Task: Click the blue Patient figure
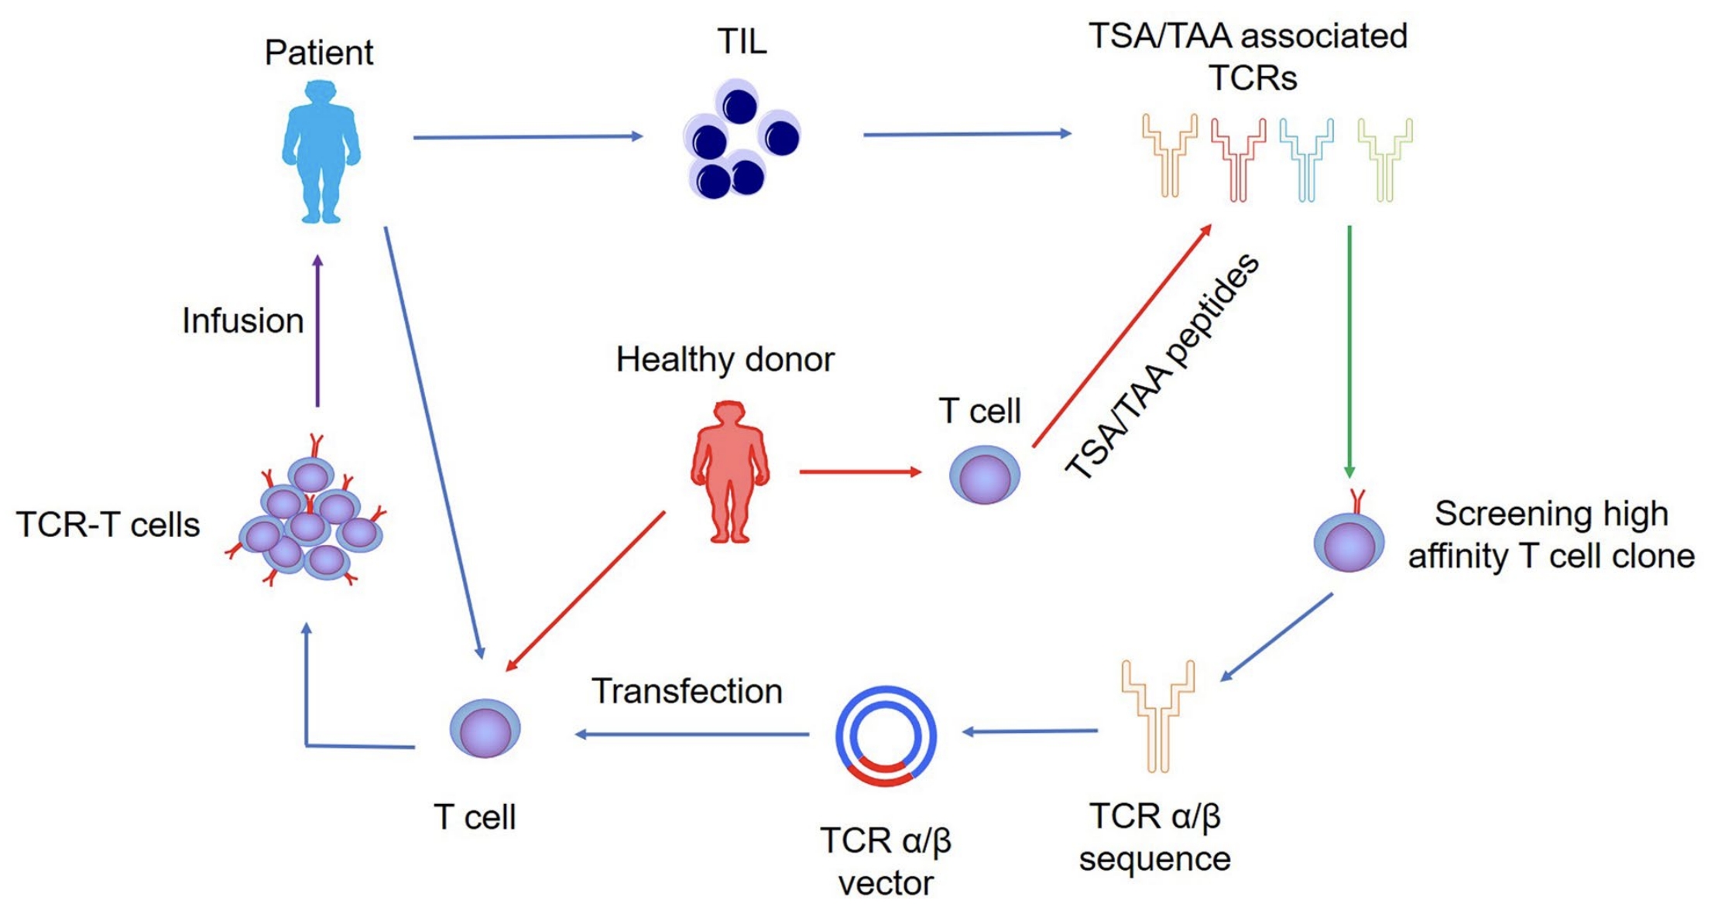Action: [321, 151]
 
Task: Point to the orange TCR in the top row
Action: [1169, 155]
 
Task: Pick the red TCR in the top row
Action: [1238, 159]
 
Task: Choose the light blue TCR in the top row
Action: [1306, 159]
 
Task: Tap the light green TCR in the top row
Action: [1384, 159]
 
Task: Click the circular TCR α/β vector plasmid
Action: [886, 736]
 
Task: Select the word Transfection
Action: [687, 691]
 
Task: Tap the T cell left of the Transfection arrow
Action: [485, 729]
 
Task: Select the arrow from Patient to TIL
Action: [526, 137]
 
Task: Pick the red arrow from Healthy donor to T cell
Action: [859, 471]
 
